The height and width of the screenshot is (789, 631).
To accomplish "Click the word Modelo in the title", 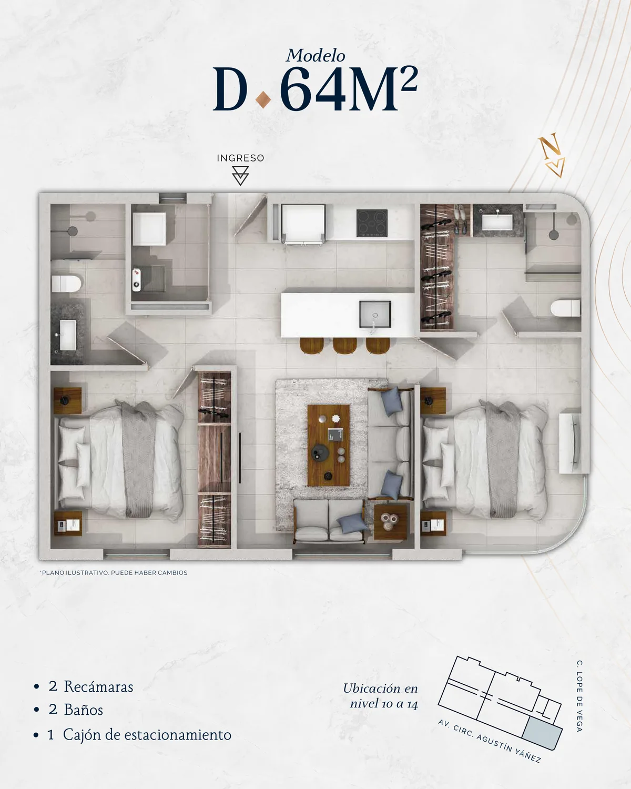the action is tap(315, 56).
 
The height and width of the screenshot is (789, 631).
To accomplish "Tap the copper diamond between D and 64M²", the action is tap(263, 100).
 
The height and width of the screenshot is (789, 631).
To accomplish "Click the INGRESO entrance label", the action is tap(240, 158).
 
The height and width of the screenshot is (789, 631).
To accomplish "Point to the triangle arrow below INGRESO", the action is tap(240, 176).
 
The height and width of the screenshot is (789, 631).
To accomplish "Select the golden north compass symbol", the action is tap(552, 156).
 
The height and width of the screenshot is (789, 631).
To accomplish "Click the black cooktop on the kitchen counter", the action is tap(372, 223).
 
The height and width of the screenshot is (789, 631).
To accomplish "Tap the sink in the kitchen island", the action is tap(375, 314).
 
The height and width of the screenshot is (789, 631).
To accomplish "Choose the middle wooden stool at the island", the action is tap(344, 346).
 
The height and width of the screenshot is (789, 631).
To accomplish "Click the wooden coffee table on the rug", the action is tap(328, 446).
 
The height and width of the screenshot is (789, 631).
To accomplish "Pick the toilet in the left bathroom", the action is tap(66, 284).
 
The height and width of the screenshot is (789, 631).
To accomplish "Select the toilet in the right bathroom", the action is tap(566, 308).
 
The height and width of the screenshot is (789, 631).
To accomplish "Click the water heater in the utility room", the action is tap(136, 280).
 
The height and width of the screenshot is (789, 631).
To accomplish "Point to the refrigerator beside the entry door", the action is tap(303, 223).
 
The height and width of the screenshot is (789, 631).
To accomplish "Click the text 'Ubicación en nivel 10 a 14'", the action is tap(381, 696).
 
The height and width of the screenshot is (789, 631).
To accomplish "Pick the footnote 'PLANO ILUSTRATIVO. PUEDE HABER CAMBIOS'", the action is tap(114, 573).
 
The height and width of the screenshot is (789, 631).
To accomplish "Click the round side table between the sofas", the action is tap(390, 522).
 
